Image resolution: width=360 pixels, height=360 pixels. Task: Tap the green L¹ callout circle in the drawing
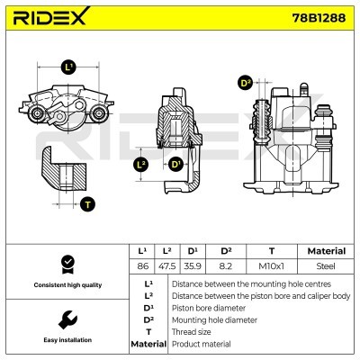coord(69,67)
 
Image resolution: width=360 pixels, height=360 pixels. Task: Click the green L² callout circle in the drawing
coord(140,165)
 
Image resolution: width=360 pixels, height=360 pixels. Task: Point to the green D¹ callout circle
coord(175,165)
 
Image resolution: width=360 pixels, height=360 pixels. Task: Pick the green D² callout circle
coord(246,83)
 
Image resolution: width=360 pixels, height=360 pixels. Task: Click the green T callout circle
coord(86,203)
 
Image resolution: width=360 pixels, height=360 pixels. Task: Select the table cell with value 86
coord(142,266)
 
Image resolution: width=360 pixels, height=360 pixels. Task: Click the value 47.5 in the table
coord(166,266)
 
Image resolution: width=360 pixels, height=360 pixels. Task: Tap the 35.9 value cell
coord(193,266)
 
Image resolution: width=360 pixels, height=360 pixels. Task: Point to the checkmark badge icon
coord(66,264)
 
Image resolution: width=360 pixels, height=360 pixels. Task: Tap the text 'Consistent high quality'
coord(66,284)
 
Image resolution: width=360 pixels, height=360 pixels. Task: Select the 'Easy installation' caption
coord(66,339)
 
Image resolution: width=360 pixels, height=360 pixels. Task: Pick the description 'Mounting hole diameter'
coord(214,319)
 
